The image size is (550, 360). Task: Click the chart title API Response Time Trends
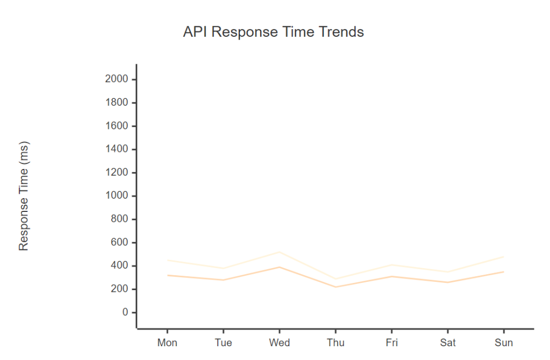pyautogui.click(x=273, y=32)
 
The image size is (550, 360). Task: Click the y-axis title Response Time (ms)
pyautogui.click(x=24, y=196)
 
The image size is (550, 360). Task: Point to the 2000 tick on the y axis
pyautogui.click(x=116, y=79)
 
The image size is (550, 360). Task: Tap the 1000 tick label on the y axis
pyautogui.click(x=116, y=196)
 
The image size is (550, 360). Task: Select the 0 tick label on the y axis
pyautogui.click(x=125, y=313)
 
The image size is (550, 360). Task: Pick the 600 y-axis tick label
pyautogui.click(x=119, y=243)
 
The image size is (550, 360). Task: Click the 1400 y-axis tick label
pyautogui.click(x=116, y=149)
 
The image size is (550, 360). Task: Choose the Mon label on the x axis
pyautogui.click(x=167, y=343)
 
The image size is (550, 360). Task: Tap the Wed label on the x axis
pyautogui.click(x=279, y=343)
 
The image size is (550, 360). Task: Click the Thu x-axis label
pyautogui.click(x=335, y=343)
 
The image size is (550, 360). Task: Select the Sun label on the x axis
pyautogui.click(x=504, y=343)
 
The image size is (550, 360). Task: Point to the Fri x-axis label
pyautogui.click(x=392, y=343)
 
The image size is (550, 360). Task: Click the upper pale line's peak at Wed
pyautogui.click(x=279, y=252)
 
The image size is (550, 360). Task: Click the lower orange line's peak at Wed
pyautogui.click(x=279, y=267)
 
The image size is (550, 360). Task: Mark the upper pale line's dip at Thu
pyautogui.click(x=335, y=279)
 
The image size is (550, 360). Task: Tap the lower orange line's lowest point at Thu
pyautogui.click(x=335, y=287)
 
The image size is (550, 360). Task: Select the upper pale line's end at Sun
pyautogui.click(x=504, y=257)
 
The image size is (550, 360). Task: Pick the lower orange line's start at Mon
pyautogui.click(x=167, y=275)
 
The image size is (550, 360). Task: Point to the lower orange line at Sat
pyautogui.click(x=448, y=282)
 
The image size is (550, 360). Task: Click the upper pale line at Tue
pyautogui.click(x=223, y=269)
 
